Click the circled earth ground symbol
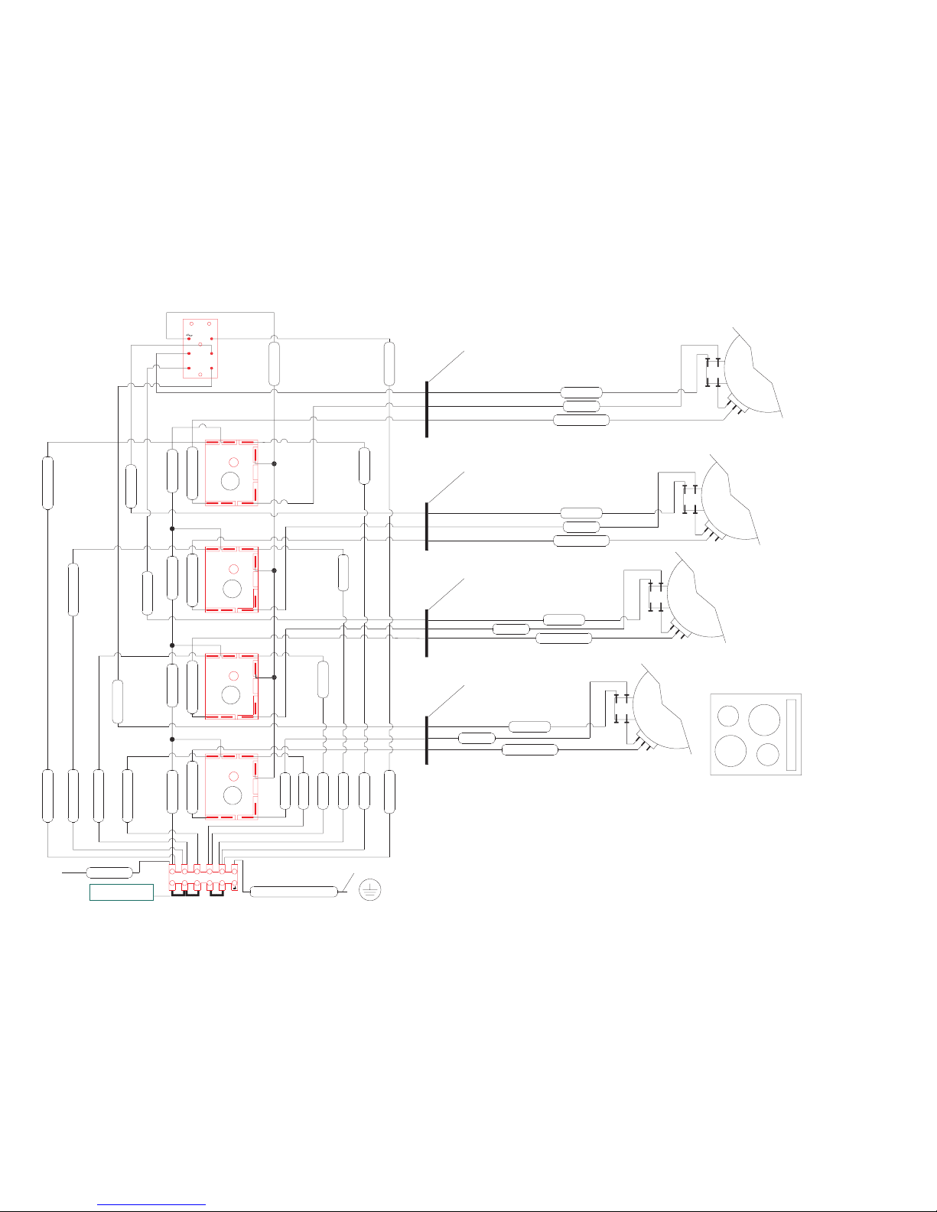pos(369,890)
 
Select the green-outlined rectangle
pos(122,892)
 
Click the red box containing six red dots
pos(200,349)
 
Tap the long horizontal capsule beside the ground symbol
pos(294,892)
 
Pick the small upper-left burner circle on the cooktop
pos(728,716)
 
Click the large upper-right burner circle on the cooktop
pos(764,720)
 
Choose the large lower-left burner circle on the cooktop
pos(731,752)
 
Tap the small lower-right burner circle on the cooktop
pos(767,755)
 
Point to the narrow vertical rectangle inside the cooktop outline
pos(792,734)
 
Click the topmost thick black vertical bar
pos(426,409)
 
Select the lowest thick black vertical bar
pos(426,740)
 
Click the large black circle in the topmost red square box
pos(230,481)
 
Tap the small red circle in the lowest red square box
pos(234,776)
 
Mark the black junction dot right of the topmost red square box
pos(274,463)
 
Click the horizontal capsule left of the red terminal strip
pos(109,872)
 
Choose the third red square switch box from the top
pos(231,686)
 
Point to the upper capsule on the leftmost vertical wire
pos(47,483)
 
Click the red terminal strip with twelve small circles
pos(203,878)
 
